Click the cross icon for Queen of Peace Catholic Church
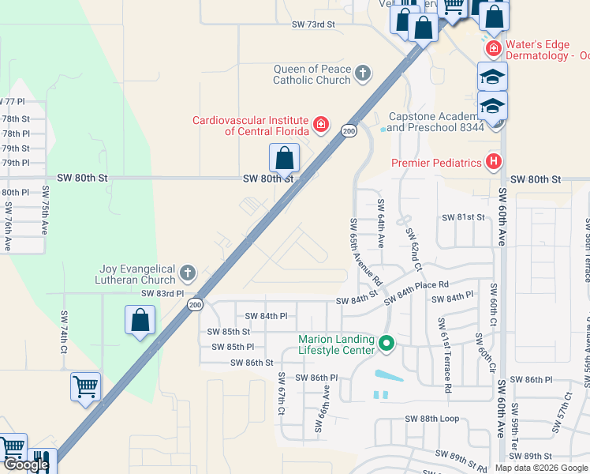363,73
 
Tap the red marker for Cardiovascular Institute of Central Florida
321,124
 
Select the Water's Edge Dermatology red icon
494,48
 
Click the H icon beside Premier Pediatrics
494,162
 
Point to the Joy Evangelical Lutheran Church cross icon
187,273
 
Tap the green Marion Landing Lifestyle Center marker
386,344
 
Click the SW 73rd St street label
313,24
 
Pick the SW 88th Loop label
431,419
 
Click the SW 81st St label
462,217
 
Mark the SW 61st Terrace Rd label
444,355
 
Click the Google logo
26,465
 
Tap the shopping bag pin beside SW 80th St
285,159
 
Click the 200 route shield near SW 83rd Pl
195,304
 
